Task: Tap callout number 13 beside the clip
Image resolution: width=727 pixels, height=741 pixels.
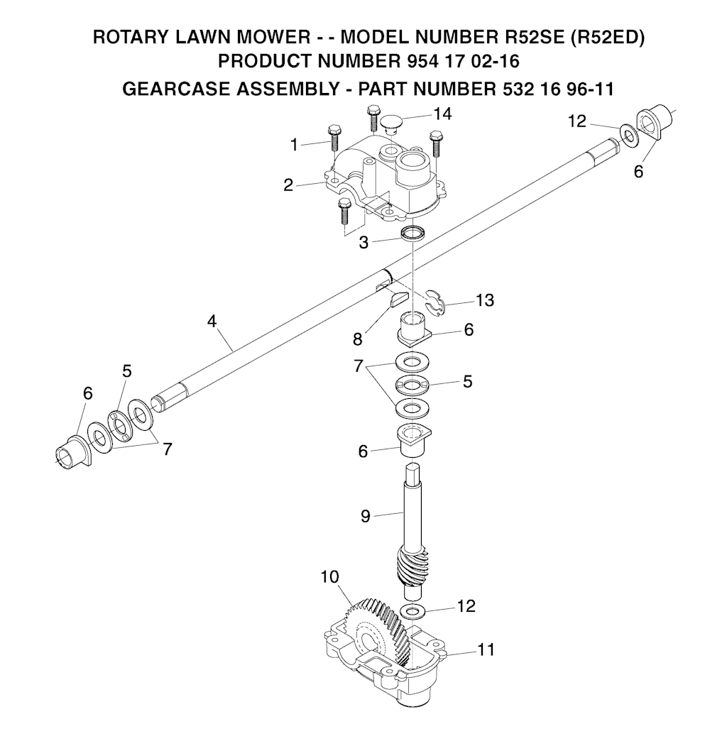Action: [x=484, y=300]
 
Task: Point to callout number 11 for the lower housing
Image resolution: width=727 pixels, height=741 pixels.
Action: [x=486, y=649]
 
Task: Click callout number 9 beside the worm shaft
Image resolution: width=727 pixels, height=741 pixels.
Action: [x=366, y=516]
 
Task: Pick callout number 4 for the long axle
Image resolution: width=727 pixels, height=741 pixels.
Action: [x=211, y=321]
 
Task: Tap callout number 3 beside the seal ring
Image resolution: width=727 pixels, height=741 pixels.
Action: [x=363, y=242]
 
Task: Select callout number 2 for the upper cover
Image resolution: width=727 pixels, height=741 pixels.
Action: [x=288, y=185]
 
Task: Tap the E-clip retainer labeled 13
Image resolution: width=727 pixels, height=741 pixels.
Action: [x=434, y=301]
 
